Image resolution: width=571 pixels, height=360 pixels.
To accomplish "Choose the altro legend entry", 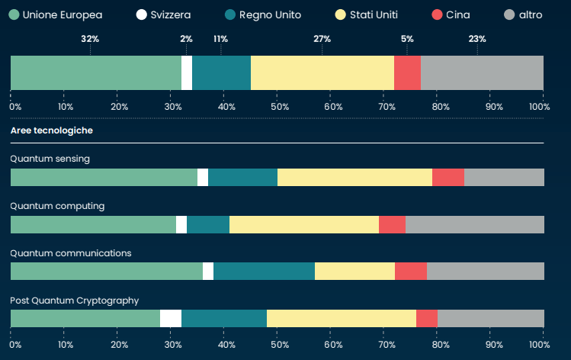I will (x=523, y=14).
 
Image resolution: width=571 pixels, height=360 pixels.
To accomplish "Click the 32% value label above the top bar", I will (x=90, y=39).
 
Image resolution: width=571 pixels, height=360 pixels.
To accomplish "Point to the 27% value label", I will (x=322, y=39).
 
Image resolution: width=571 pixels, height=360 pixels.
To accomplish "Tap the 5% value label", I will (x=407, y=39).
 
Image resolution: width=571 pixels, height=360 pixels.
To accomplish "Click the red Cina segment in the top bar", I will (x=407, y=73).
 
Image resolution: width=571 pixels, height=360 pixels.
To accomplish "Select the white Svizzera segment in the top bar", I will (x=187, y=73).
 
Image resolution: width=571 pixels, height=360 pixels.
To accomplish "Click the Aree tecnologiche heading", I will (x=51, y=130).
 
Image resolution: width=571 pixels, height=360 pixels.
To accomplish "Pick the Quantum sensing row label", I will (x=50, y=159).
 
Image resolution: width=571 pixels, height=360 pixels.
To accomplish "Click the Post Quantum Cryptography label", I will (x=74, y=301).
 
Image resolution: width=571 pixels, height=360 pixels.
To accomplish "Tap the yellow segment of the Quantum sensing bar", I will (x=354, y=177).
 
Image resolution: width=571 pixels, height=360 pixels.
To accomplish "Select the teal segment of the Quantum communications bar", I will (x=264, y=272).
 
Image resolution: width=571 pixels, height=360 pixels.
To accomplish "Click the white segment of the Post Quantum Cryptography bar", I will (x=171, y=319).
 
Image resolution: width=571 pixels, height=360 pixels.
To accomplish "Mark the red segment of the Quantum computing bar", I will (x=392, y=224).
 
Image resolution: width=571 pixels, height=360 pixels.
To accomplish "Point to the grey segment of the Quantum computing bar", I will (x=474, y=224).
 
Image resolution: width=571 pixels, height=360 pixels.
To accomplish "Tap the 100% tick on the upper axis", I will (x=540, y=107).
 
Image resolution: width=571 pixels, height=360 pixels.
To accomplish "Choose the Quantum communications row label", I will (x=70, y=253).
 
